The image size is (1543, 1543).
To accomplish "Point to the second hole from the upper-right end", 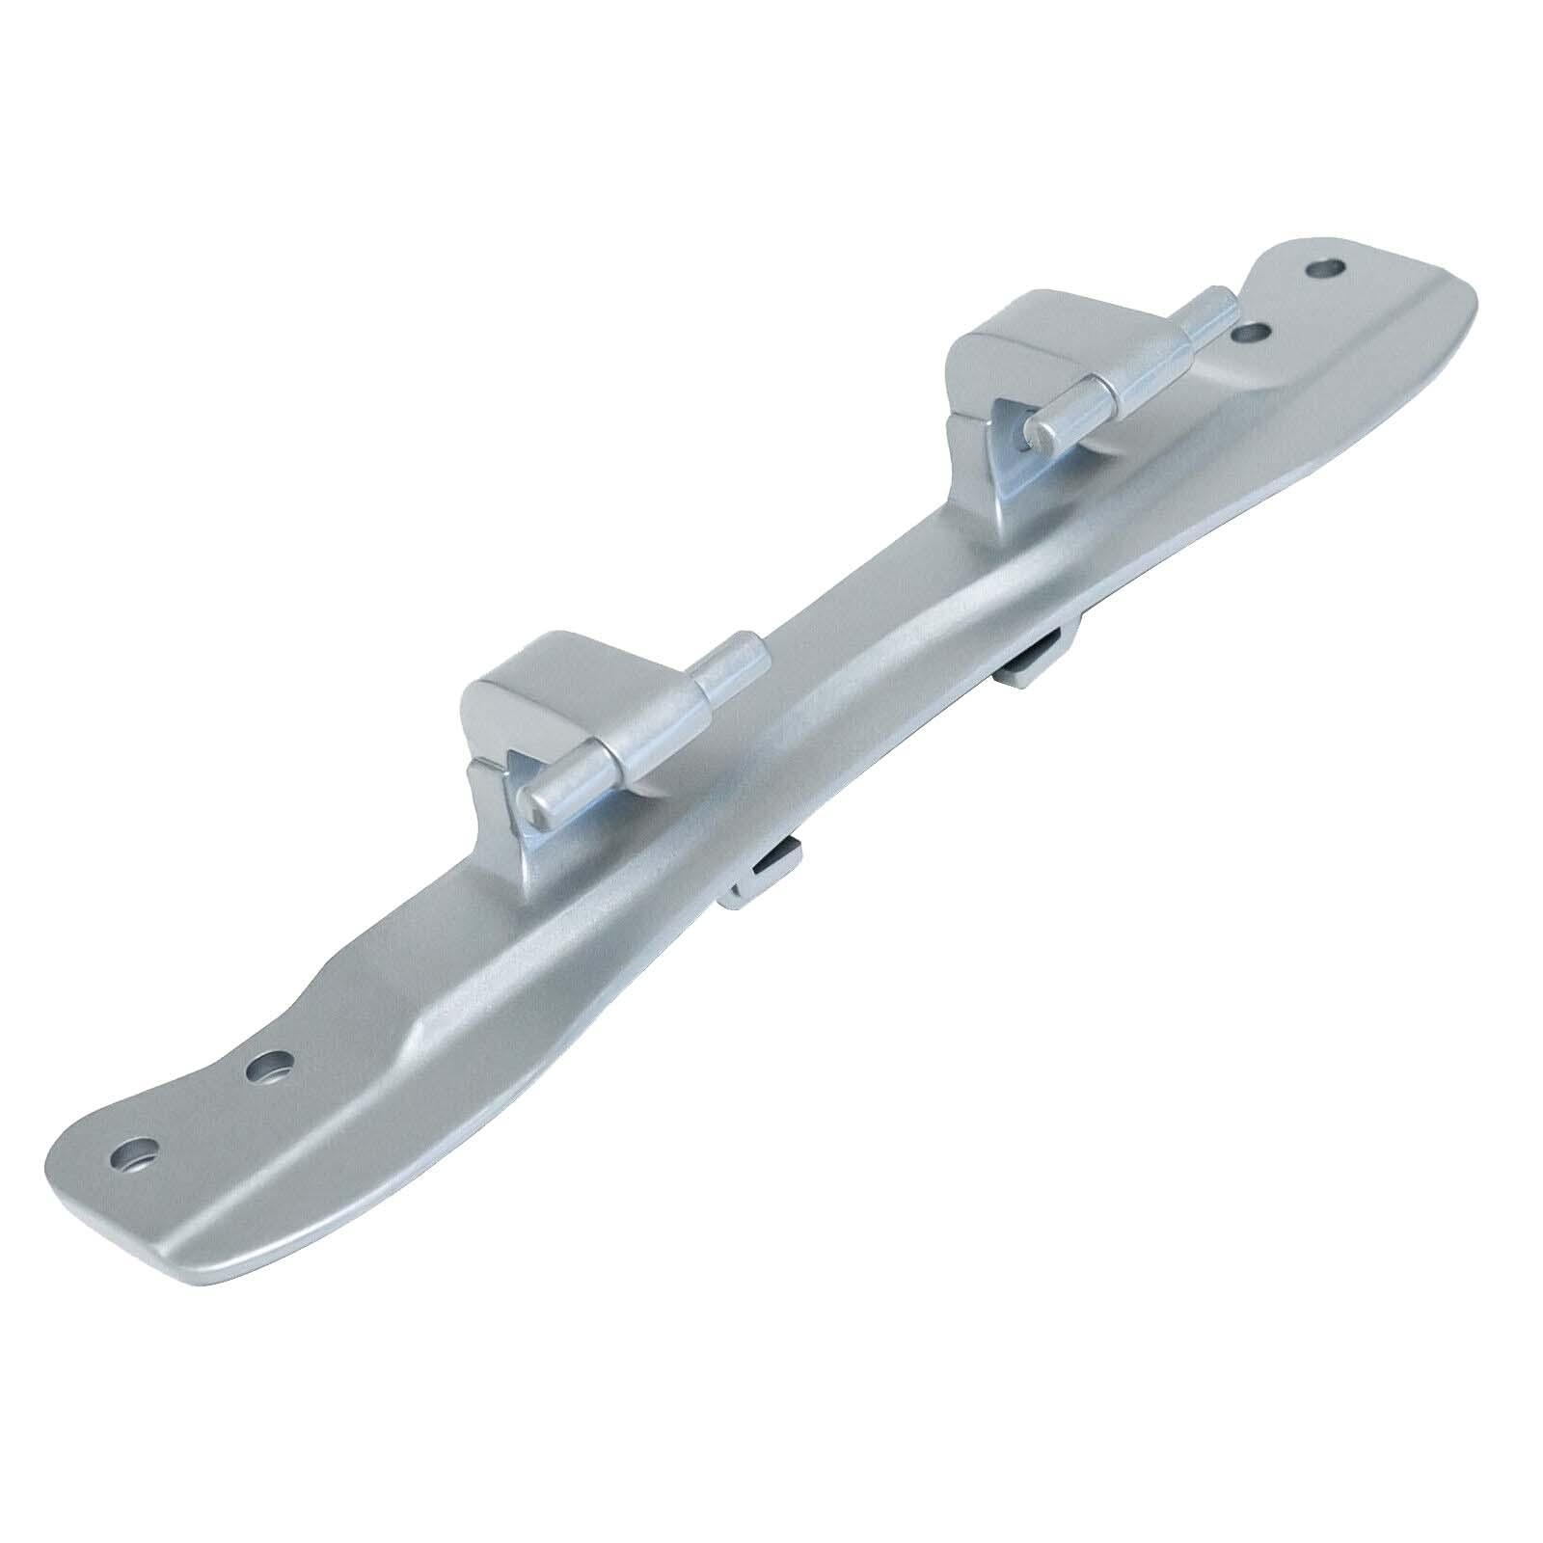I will coord(1251,333).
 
